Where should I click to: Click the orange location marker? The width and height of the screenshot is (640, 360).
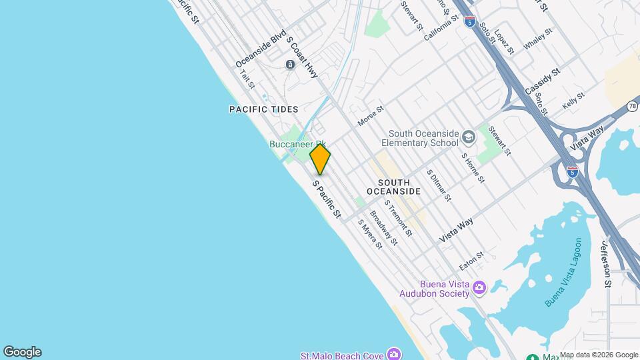pyautogui.click(x=320, y=159)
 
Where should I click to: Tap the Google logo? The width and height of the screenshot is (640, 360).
pyautogui.click(x=22, y=352)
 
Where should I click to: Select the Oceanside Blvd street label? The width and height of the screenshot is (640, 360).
pyautogui.click(x=261, y=49)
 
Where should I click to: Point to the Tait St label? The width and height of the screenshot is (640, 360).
pyautogui.click(x=247, y=79)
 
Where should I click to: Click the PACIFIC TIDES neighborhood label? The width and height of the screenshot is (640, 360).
pyautogui.click(x=263, y=109)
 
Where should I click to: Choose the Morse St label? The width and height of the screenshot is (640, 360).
pyautogui.click(x=371, y=116)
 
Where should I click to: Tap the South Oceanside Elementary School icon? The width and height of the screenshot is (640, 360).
pyautogui.click(x=469, y=137)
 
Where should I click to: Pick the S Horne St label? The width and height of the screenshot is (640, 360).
pyautogui.click(x=474, y=168)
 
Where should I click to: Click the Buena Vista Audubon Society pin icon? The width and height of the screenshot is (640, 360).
pyautogui.click(x=479, y=287)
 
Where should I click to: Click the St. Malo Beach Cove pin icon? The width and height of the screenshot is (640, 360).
pyautogui.click(x=394, y=353)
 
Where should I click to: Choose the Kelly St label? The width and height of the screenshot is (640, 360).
pyautogui.click(x=573, y=101)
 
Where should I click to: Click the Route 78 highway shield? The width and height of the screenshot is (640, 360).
pyautogui.click(x=633, y=107)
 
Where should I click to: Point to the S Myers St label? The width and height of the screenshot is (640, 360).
pyautogui.click(x=369, y=234)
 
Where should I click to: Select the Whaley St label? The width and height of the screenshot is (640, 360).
pyautogui.click(x=539, y=39)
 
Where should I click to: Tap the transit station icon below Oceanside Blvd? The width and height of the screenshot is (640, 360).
pyautogui.click(x=290, y=64)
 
